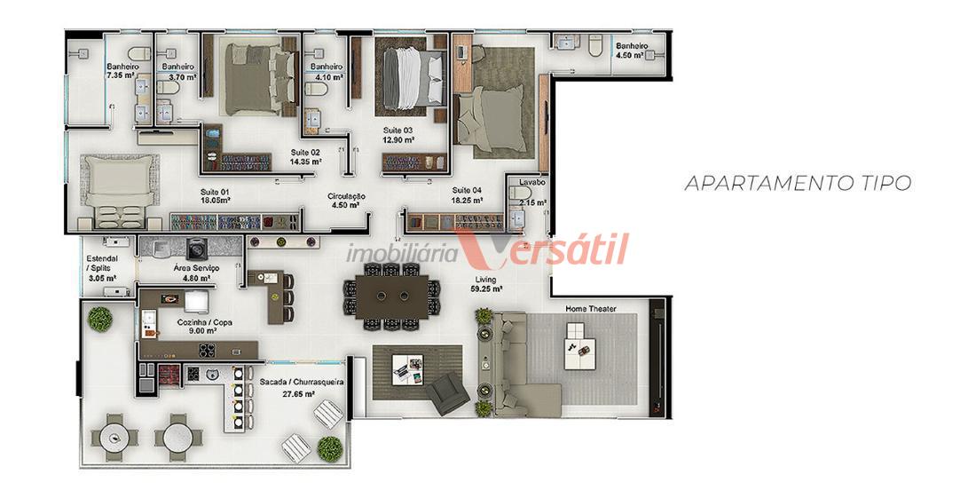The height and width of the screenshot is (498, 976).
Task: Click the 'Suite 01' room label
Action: (216, 192)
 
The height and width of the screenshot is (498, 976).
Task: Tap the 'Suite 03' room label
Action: (397, 130)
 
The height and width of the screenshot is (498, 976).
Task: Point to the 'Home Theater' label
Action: (591, 309)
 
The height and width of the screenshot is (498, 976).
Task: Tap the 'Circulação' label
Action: (346, 197)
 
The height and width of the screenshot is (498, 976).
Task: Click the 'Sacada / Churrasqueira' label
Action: (304, 384)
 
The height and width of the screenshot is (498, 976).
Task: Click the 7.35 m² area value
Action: (121, 75)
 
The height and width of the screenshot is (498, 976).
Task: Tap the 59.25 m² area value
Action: (487, 289)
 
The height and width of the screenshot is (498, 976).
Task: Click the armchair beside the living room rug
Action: (447, 394)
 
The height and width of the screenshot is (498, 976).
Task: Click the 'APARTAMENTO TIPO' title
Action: (798, 183)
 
